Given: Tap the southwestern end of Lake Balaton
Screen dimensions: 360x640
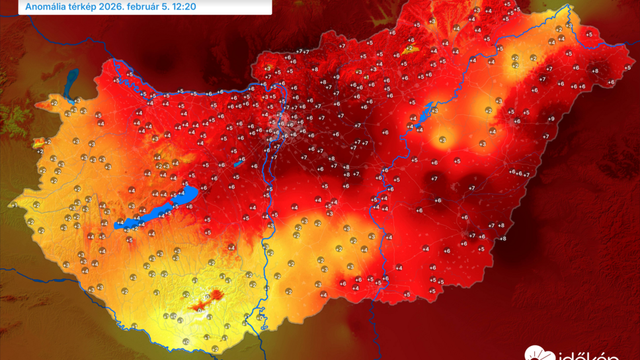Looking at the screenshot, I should pos(119,225).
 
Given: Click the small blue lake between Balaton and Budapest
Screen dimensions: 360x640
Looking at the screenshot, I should pos(239,162).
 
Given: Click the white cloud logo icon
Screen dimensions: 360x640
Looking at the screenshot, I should pos(536,353).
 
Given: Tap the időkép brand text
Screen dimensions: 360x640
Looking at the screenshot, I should pos(590,353).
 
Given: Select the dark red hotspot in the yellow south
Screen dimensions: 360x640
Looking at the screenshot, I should pos(211,296).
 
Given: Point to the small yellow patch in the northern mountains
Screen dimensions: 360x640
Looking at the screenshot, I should pos(410,49).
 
